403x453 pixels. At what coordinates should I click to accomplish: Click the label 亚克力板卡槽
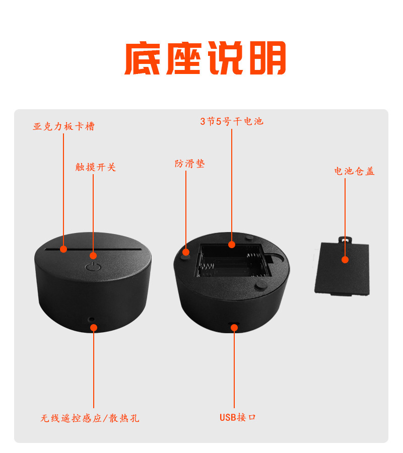click(63, 126)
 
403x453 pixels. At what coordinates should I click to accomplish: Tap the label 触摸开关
click(96, 167)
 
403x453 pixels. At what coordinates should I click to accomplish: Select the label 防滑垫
click(190, 164)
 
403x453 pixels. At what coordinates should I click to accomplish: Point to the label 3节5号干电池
click(232, 121)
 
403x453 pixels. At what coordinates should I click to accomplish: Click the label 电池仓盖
click(355, 171)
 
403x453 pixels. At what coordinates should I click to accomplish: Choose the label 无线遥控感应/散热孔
click(90, 418)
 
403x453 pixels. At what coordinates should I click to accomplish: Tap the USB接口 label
click(238, 417)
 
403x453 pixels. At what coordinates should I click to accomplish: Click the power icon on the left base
click(92, 267)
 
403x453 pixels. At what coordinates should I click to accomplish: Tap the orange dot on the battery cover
click(345, 260)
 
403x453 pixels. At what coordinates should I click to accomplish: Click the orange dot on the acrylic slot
click(63, 249)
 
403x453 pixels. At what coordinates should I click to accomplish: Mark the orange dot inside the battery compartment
click(232, 245)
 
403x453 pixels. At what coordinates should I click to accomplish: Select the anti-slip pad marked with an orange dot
click(186, 253)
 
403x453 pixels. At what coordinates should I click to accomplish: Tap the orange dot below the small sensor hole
click(93, 327)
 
